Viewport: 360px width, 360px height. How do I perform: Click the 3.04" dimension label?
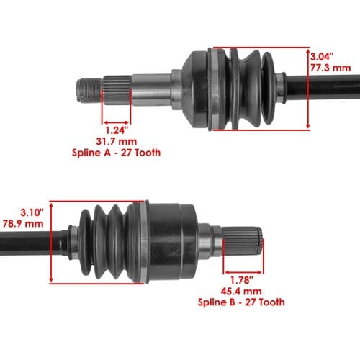(x=322, y=57)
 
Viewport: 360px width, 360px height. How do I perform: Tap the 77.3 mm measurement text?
(x=330, y=68)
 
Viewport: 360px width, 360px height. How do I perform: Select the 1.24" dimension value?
(x=117, y=130)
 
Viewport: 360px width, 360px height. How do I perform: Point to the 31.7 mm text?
(x=117, y=141)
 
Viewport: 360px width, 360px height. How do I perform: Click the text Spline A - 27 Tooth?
(x=116, y=153)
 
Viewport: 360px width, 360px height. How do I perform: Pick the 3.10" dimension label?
(x=32, y=212)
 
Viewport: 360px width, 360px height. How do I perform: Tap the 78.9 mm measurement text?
(x=23, y=224)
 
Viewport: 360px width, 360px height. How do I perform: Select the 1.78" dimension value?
(x=242, y=280)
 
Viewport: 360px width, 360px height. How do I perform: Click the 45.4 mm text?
(x=241, y=292)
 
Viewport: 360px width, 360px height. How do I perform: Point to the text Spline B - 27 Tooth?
(x=241, y=302)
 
